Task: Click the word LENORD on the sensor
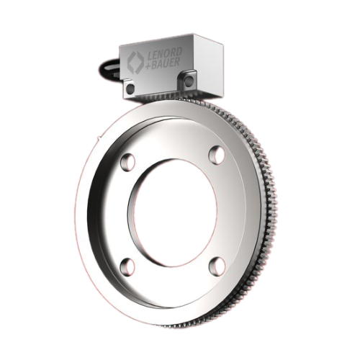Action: (164, 55)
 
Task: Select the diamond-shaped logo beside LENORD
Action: (135, 63)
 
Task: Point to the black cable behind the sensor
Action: (109, 69)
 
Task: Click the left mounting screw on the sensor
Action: (130, 88)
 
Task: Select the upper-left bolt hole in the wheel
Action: (128, 162)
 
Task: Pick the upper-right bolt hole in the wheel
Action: (217, 155)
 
